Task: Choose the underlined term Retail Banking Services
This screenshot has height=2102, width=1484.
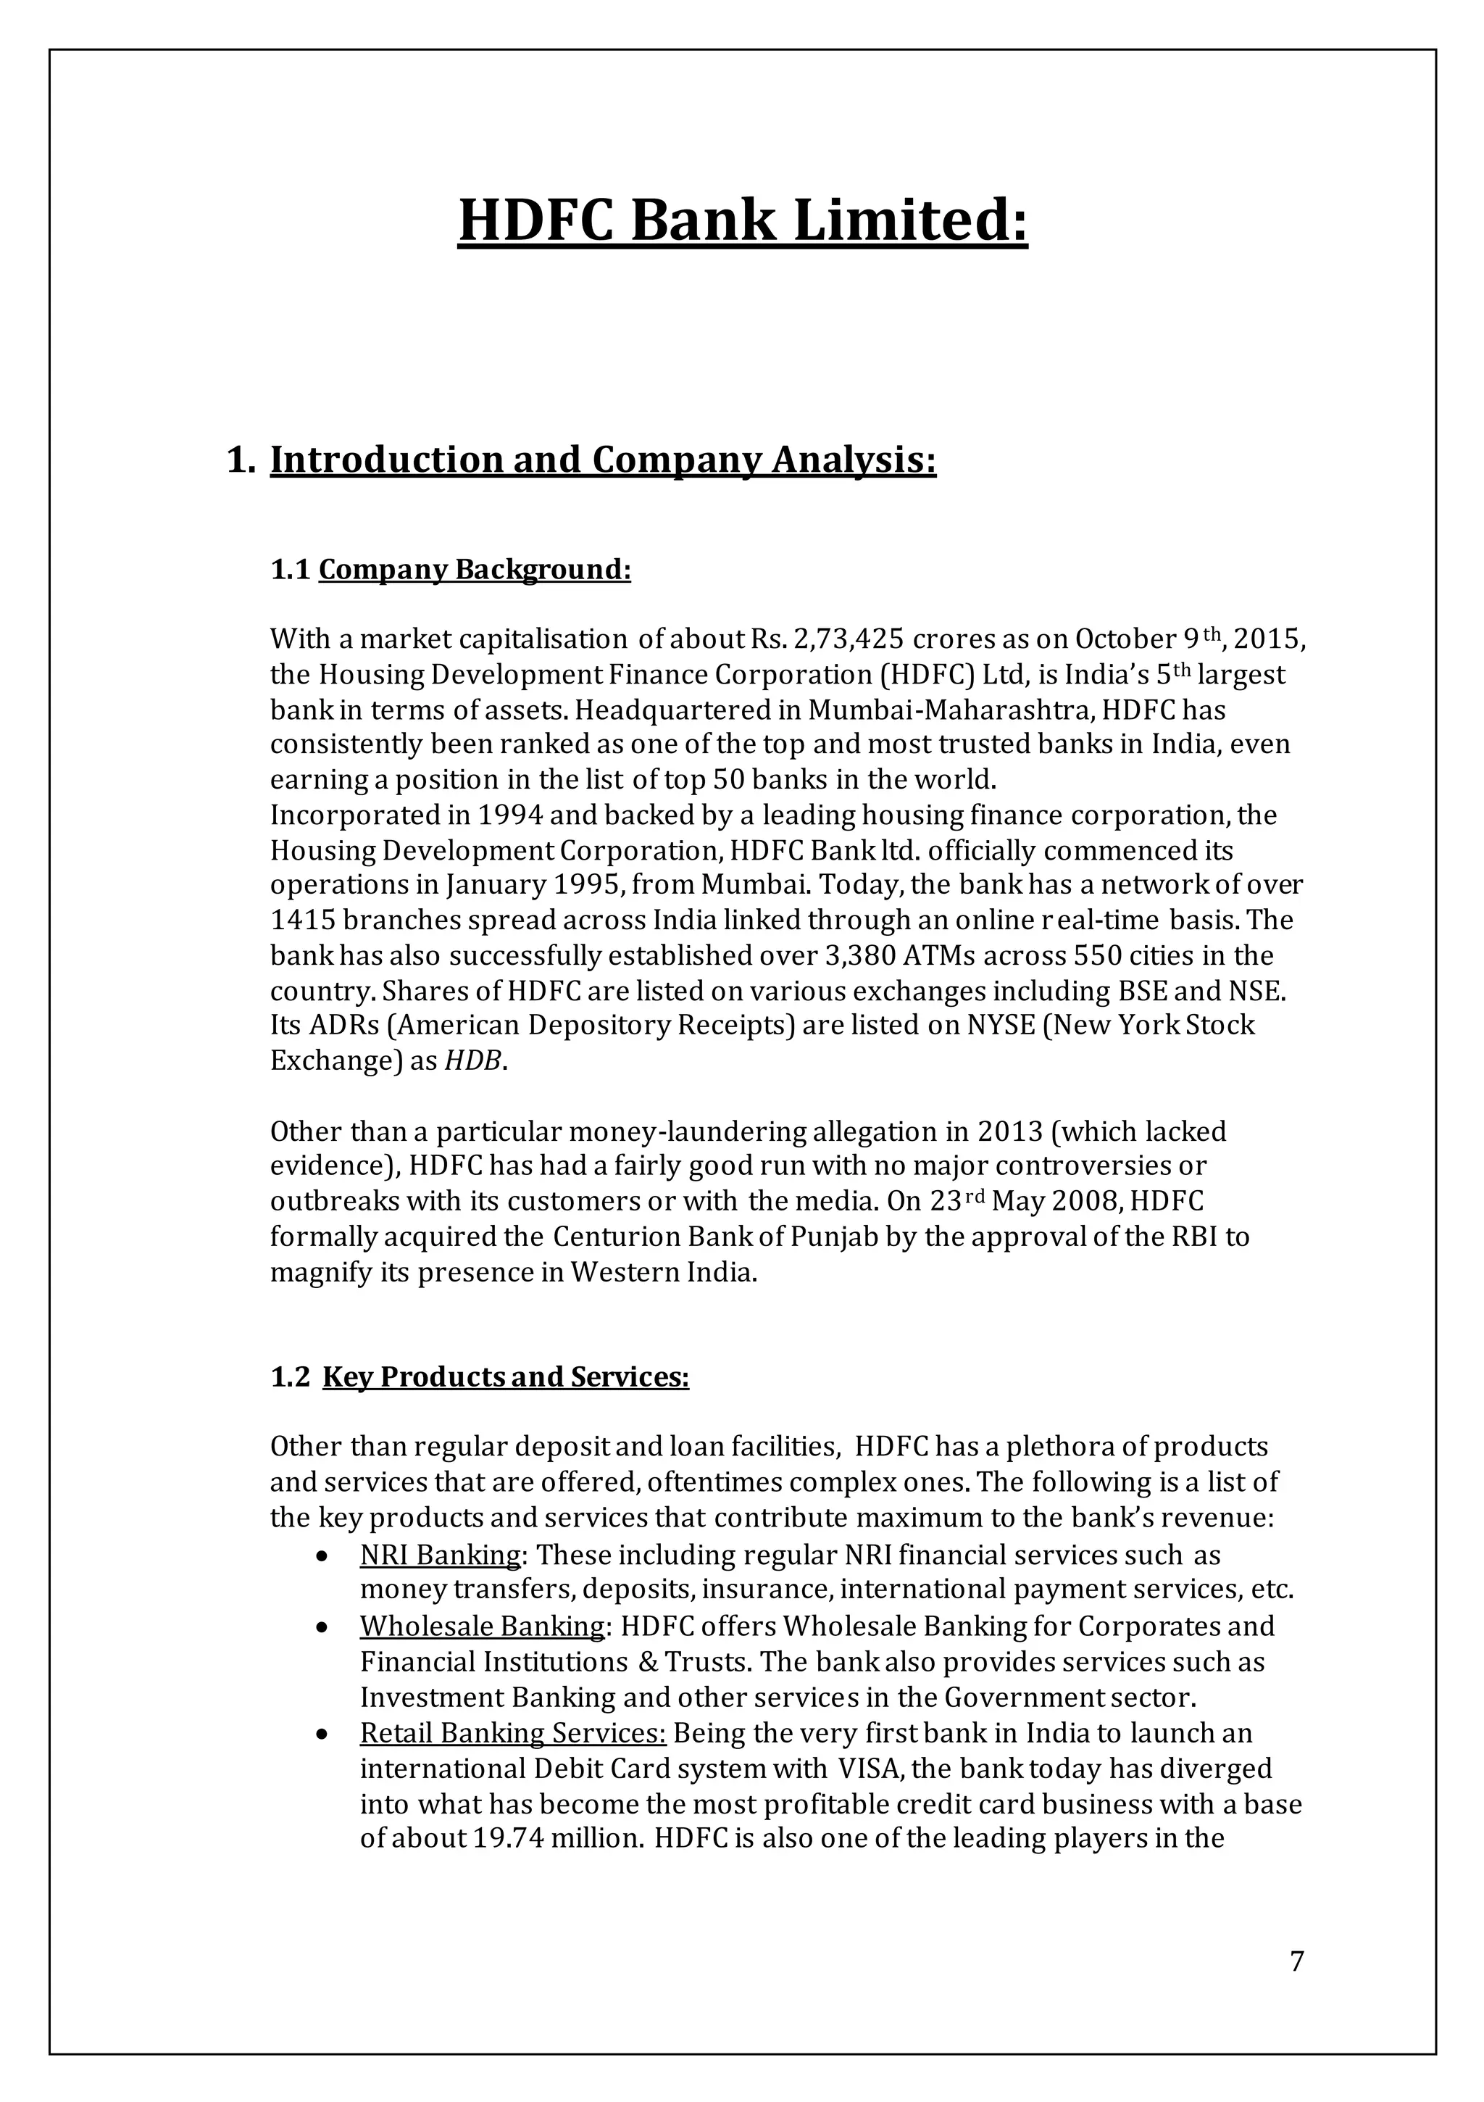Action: (x=513, y=1733)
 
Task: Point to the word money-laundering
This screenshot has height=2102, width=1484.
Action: (x=688, y=1132)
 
